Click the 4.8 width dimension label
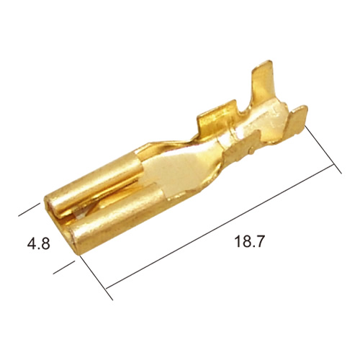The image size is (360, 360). pos(39,244)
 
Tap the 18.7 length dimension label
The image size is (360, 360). pos(249,241)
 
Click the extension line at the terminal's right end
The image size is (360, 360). pos(323,149)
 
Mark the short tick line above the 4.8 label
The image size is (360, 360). pos(29,210)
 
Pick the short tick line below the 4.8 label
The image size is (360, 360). pos(63,267)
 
